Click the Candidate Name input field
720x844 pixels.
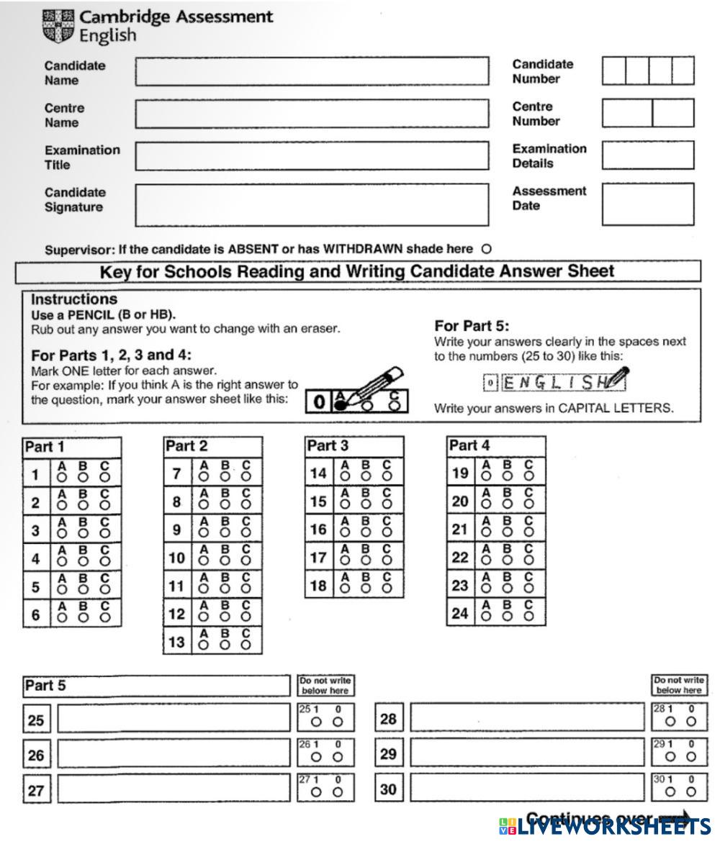pos(311,72)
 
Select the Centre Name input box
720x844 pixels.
pos(311,114)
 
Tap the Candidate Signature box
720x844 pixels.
pos(311,204)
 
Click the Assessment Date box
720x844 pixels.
pos(648,204)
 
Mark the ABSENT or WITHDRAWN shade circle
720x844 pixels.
pos(486,249)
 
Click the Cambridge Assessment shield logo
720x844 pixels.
pos(58,26)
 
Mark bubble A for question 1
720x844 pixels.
pos(62,476)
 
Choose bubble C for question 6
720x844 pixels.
pos(105,617)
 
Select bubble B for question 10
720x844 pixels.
pos(225,561)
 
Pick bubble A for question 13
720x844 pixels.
pos(203,645)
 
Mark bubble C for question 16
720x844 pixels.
pos(387,532)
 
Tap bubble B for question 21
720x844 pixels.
pos(508,532)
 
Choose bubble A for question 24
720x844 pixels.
pos(486,617)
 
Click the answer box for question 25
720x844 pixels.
pos(174,718)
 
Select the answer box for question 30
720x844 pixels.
pos(526,789)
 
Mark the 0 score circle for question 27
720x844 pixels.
pos(338,792)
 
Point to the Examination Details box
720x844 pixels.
pos(648,155)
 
